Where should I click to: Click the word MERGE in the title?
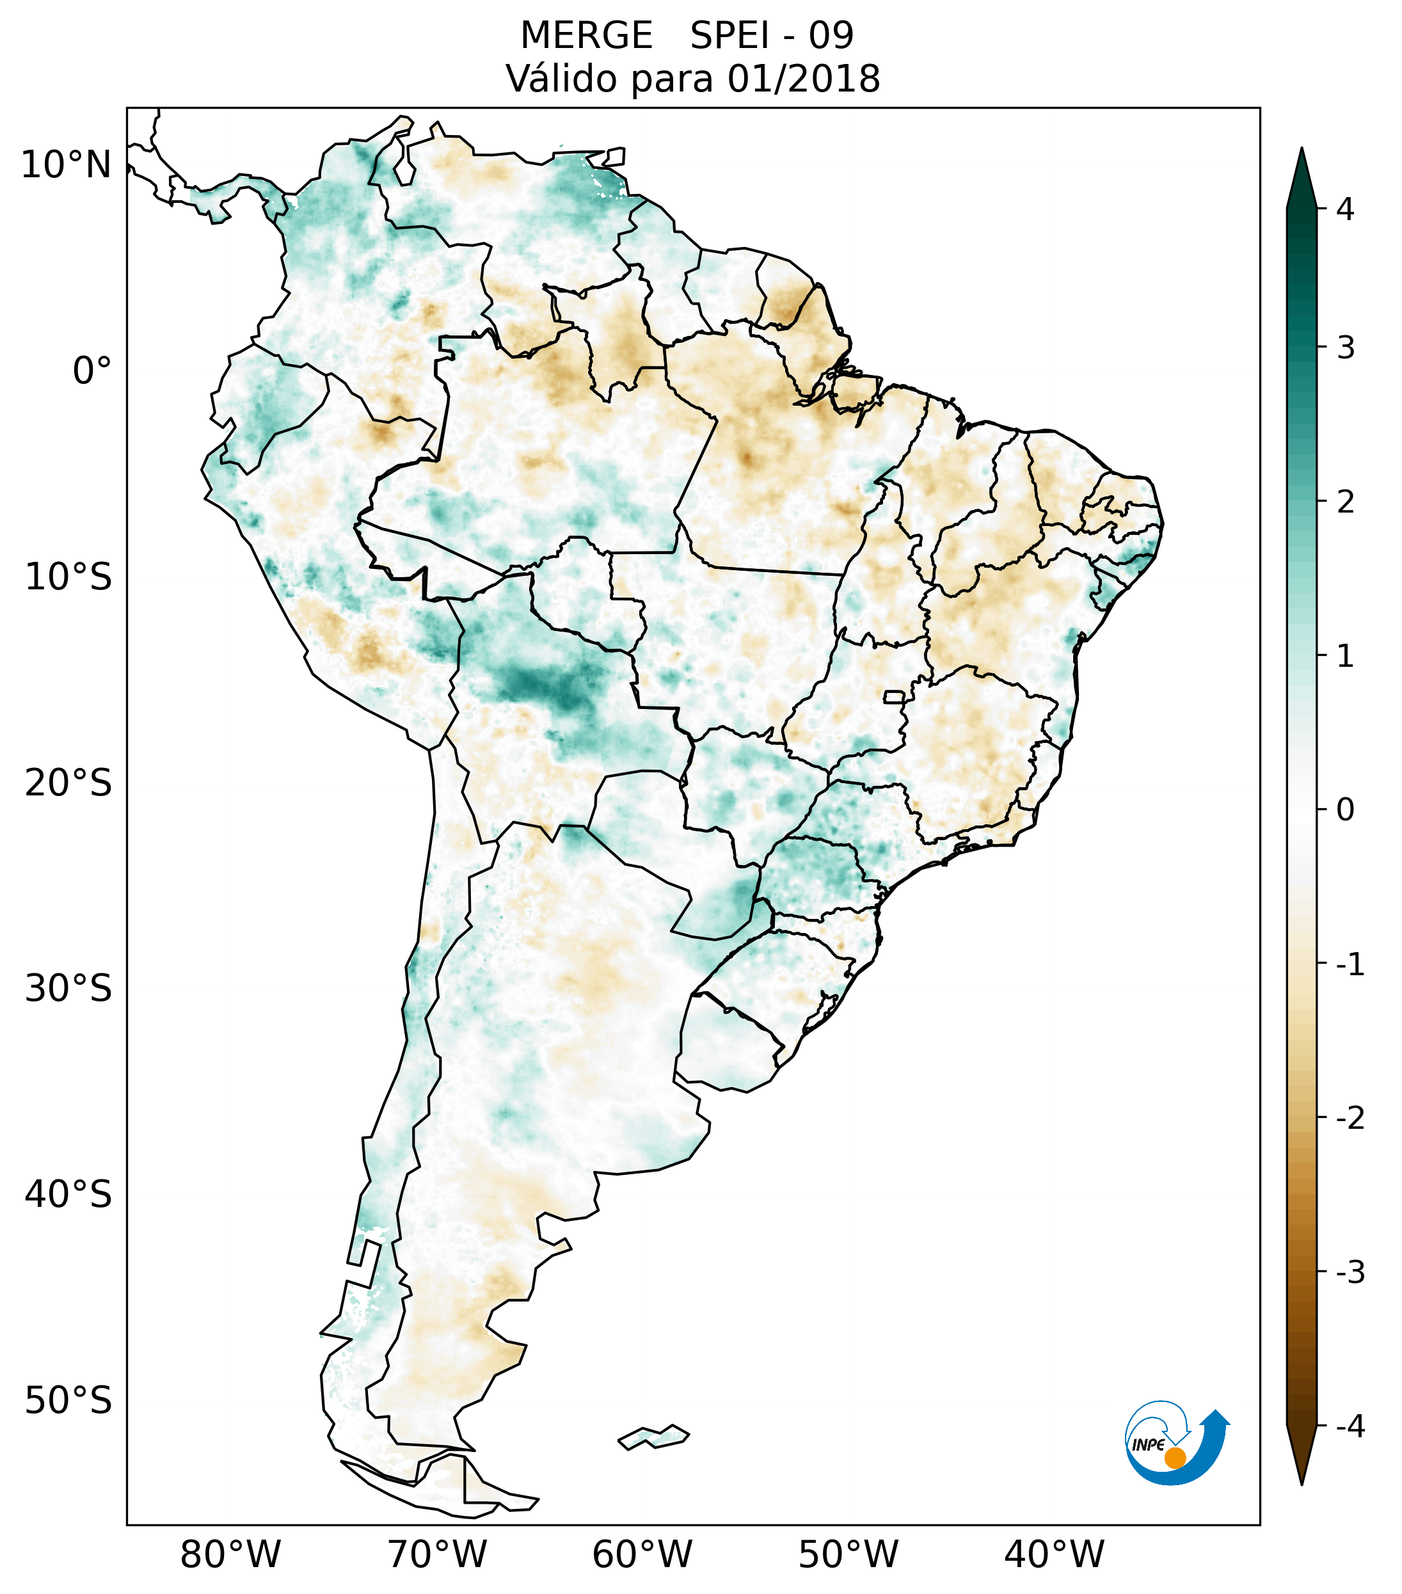pyautogui.click(x=585, y=36)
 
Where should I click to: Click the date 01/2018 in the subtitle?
pyautogui.click(x=803, y=79)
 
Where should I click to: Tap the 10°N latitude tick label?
pyautogui.click(x=67, y=165)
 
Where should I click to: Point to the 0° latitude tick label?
pyautogui.click(x=92, y=371)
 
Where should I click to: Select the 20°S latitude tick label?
pyautogui.click(x=68, y=783)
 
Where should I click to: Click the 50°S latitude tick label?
pyautogui.click(x=68, y=1401)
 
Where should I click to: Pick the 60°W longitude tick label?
pyautogui.click(x=642, y=1554)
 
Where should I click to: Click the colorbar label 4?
pyautogui.click(x=1345, y=209)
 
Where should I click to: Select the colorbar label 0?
pyautogui.click(x=1345, y=810)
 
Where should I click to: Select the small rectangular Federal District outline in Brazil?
pyautogui.click(x=895, y=696)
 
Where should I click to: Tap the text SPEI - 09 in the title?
pyautogui.click(x=771, y=36)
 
